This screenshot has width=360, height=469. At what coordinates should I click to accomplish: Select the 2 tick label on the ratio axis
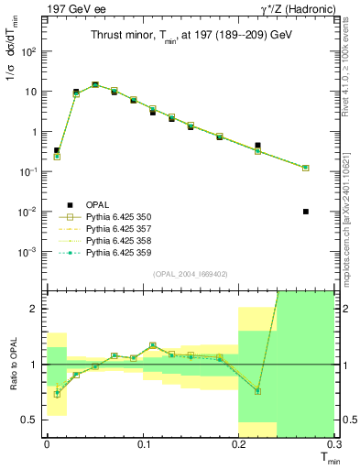click(37, 309)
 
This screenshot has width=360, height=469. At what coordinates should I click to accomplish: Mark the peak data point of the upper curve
click(95, 84)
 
